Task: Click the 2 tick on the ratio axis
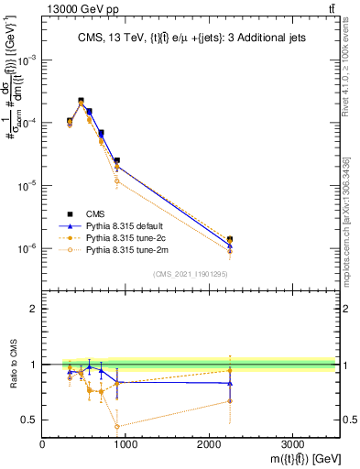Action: pyautogui.click(x=35, y=310)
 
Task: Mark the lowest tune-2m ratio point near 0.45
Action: pyautogui.click(x=117, y=426)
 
